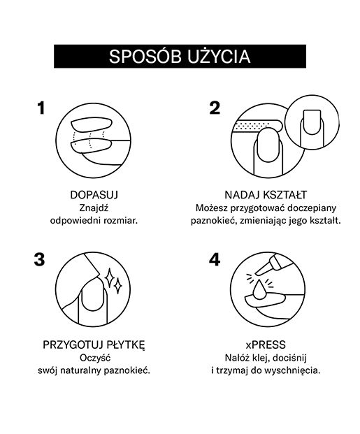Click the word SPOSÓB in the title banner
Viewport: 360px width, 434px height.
click(x=145, y=57)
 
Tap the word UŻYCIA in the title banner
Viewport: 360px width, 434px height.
click(x=219, y=57)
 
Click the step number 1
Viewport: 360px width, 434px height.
click(x=41, y=108)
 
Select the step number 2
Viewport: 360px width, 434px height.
click(x=215, y=108)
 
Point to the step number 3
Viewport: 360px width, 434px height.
click(x=39, y=259)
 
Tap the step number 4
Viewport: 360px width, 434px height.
click(x=215, y=259)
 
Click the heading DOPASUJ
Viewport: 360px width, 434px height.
click(x=94, y=195)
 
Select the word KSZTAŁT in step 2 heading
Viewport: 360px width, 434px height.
click(x=285, y=195)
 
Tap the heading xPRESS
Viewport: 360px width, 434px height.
click(x=266, y=345)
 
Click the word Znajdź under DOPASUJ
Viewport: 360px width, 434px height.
click(x=94, y=208)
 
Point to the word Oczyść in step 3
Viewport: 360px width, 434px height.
click(x=95, y=358)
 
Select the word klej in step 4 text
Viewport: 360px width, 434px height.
click(x=261, y=358)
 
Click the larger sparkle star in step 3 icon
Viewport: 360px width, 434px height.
click(x=109, y=277)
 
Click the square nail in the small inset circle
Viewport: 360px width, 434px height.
click(x=312, y=122)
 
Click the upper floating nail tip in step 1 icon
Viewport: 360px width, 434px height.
click(x=92, y=124)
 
